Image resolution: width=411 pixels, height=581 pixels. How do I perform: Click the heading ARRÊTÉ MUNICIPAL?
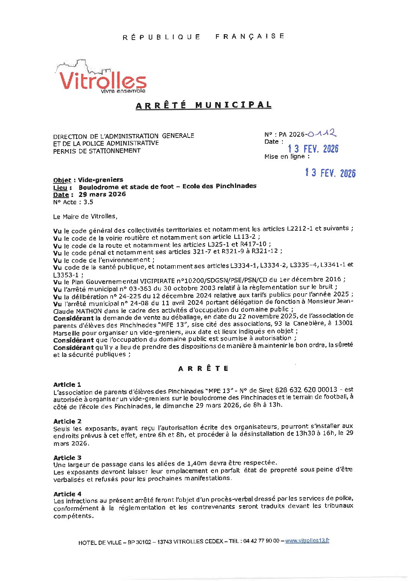[203, 105]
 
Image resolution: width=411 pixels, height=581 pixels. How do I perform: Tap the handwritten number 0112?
[321, 134]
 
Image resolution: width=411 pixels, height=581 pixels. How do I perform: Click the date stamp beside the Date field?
[313, 149]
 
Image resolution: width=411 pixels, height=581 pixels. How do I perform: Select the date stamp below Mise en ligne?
[330, 173]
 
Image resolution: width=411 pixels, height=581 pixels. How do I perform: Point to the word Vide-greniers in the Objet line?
[100, 180]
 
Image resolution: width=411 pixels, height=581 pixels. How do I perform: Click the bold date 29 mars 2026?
[102, 194]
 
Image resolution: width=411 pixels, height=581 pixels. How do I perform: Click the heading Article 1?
[67, 384]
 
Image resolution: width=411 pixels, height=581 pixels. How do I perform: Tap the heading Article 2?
[67, 421]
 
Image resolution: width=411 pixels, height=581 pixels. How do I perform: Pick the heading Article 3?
[67, 457]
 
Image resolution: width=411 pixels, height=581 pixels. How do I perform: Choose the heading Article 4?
[67, 494]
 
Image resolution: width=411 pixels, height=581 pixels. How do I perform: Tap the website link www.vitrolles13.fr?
[307, 541]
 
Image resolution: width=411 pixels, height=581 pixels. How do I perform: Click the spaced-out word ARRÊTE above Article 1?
[203, 369]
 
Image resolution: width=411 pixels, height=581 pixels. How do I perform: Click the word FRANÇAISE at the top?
[250, 36]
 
